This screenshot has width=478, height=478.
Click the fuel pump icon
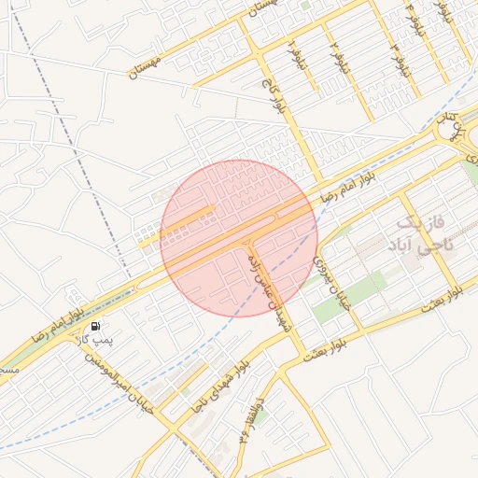tap(97, 326)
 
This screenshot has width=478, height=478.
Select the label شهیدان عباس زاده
tap(278, 296)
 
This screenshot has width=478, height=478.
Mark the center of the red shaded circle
tap(238, 238)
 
